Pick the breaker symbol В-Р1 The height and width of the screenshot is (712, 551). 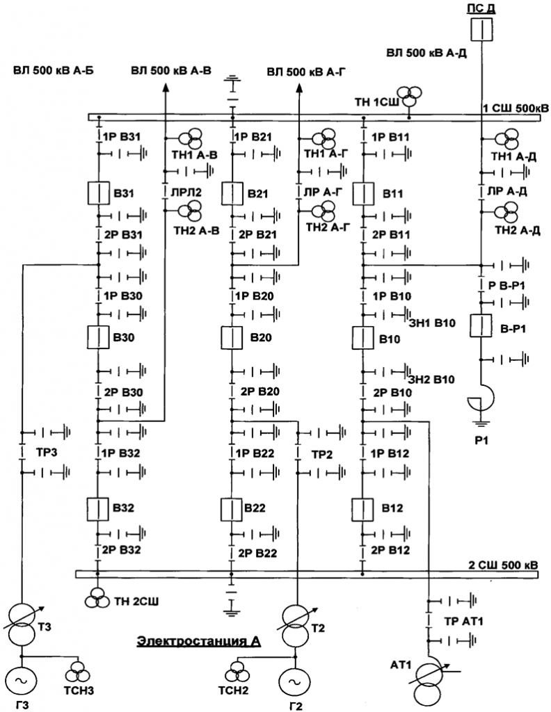coord(481,326)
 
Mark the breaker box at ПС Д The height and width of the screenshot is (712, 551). coord(481,30)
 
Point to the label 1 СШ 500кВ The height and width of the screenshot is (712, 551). coord(516,107)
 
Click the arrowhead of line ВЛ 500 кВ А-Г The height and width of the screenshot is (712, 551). coord(300,86)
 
